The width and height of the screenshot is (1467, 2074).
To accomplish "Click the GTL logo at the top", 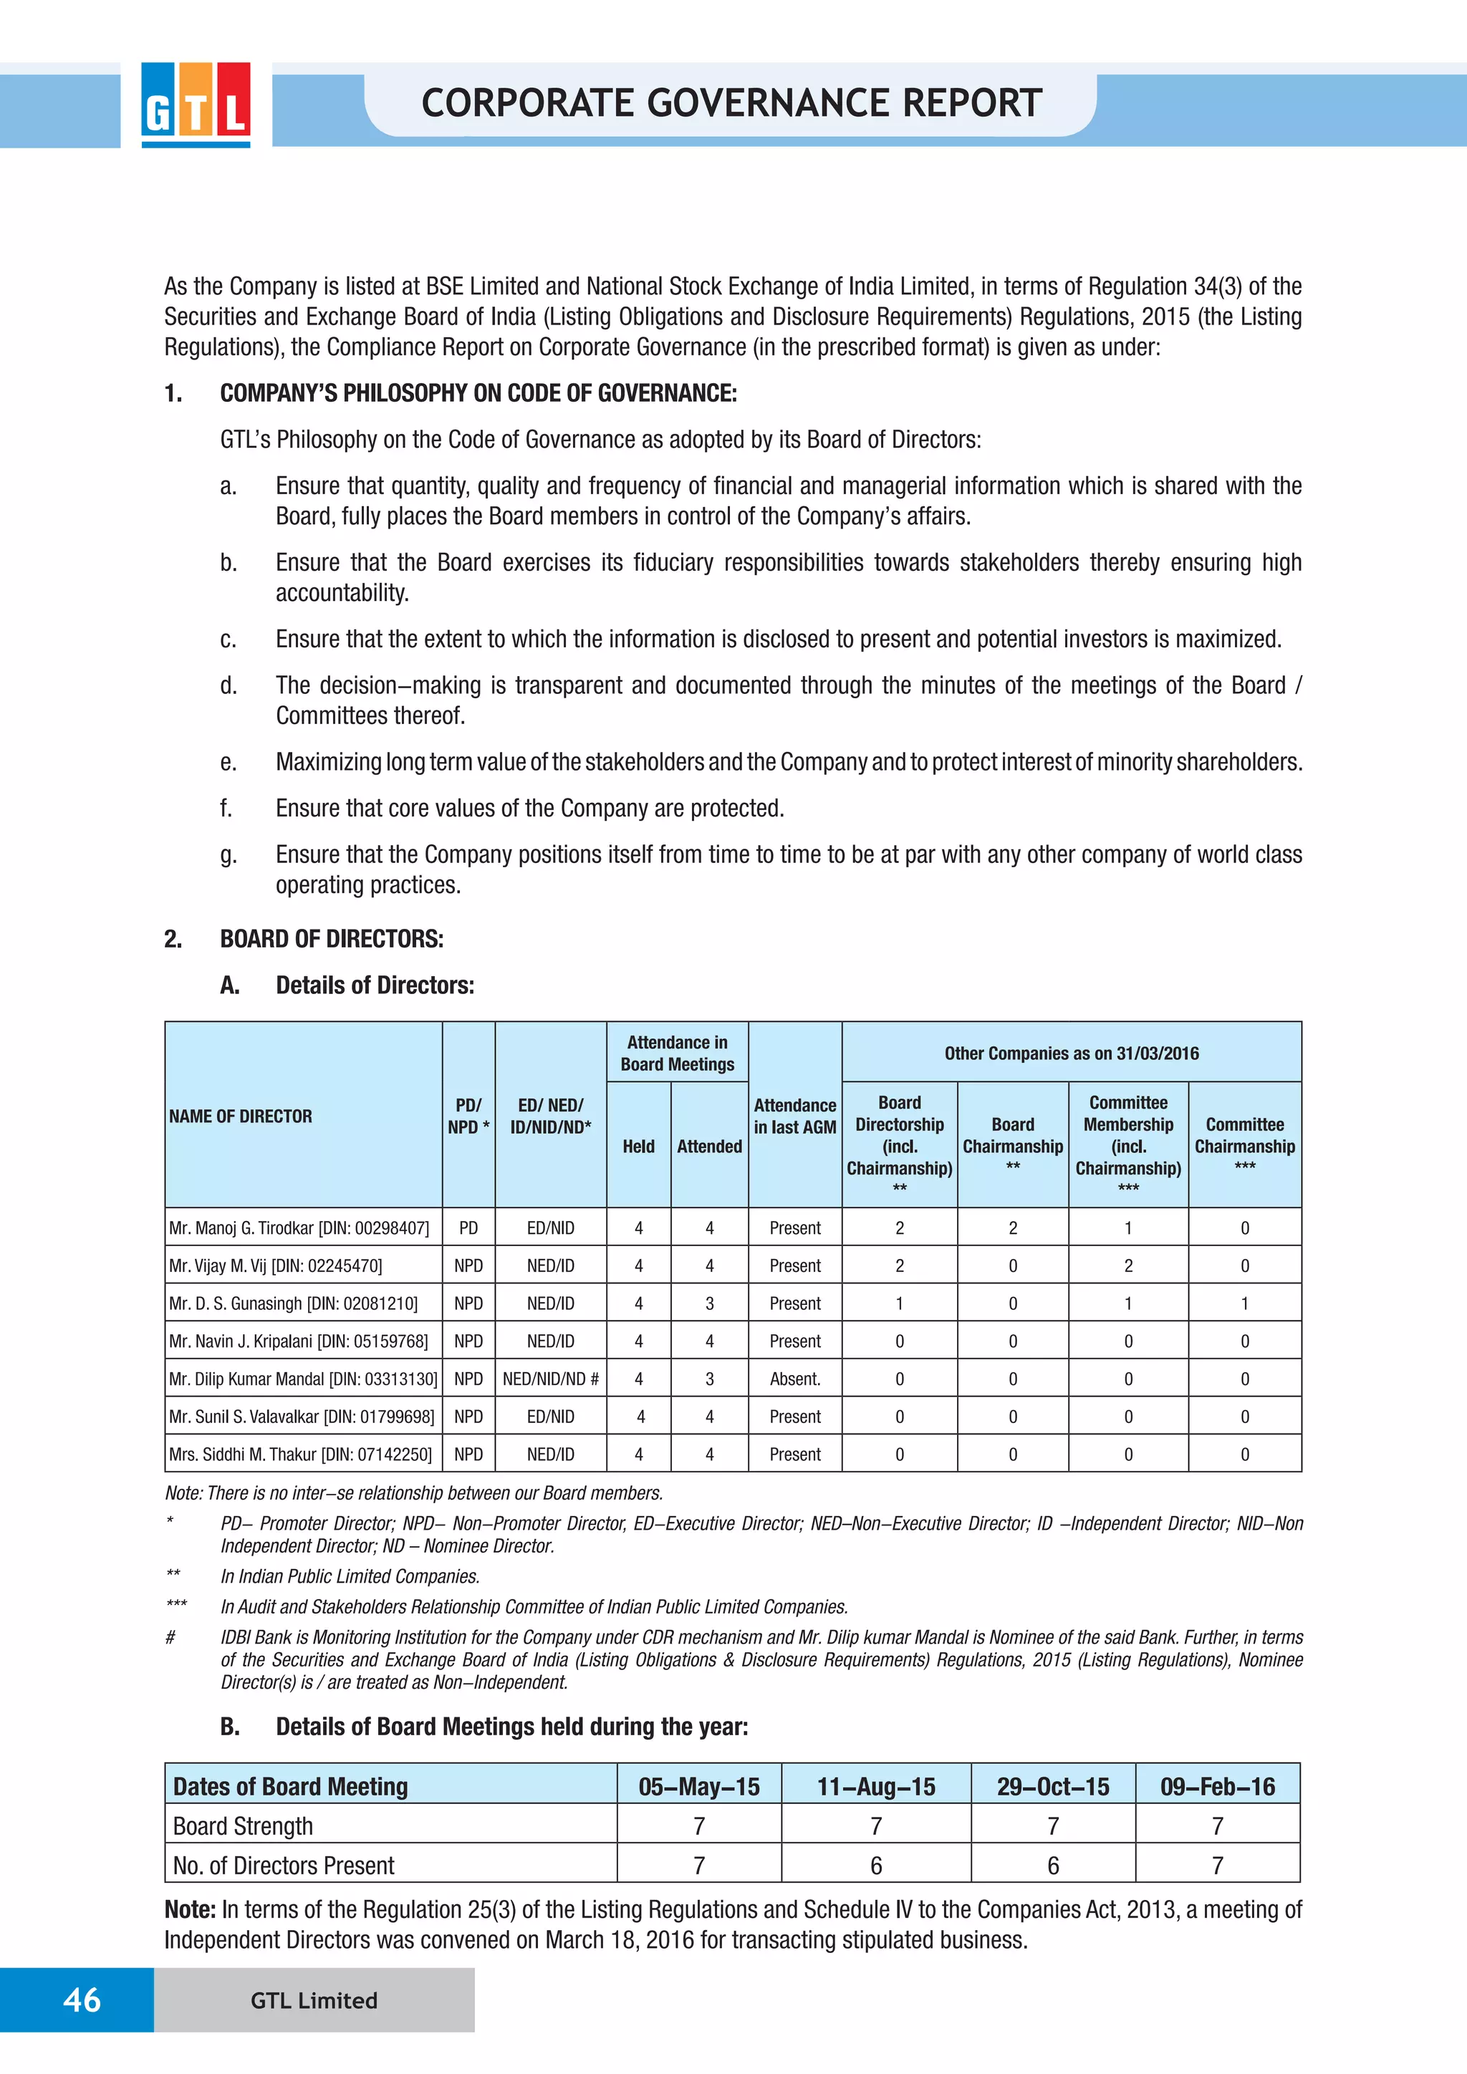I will (196, 104).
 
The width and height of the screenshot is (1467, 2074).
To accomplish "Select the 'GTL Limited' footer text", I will (314, 2000).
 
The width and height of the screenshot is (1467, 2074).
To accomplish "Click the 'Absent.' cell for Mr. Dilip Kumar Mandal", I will (795, 1379).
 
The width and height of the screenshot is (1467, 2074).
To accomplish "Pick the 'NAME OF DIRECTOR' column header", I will (240, 1116).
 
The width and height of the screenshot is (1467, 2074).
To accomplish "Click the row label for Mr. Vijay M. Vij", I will (276, 1265).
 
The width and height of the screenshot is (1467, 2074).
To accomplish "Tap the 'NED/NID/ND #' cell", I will (550, 1379).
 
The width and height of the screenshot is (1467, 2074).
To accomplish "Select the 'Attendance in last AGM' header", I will (795, 1116).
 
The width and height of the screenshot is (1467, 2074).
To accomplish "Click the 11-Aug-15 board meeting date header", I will (875, 1786).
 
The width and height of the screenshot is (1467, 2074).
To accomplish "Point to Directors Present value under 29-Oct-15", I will (1052, 1866).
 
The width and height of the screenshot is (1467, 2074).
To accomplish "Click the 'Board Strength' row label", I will (243, 1825).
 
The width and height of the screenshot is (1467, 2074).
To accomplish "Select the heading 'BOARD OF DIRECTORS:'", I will (332, 939).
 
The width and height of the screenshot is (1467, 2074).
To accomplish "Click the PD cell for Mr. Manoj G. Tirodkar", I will (468, 1227).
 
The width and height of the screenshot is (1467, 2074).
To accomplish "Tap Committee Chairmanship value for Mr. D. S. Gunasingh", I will (1244, 1303).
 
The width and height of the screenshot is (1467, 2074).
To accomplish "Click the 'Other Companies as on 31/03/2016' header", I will (1072, 1053).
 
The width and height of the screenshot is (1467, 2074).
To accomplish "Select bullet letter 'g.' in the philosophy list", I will (229, 854).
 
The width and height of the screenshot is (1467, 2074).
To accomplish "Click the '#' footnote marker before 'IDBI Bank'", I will (170, 1637).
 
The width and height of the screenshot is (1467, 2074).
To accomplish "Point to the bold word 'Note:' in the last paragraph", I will (190, 1909).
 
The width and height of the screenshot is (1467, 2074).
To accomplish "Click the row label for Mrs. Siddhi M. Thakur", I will (300, 1455).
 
